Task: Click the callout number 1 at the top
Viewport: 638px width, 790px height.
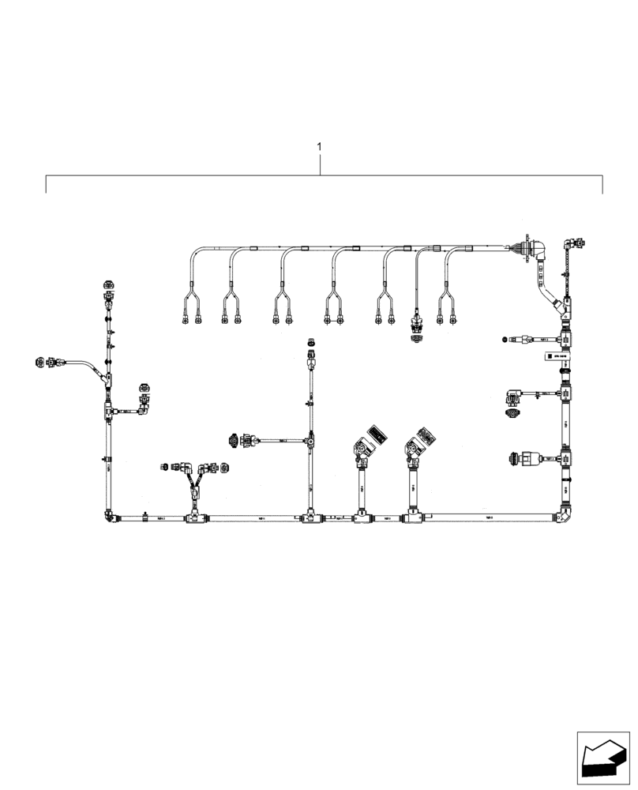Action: (319, 147)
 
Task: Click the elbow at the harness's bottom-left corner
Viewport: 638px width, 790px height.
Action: (107, 515)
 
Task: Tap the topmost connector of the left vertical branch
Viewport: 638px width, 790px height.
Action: (107, 285)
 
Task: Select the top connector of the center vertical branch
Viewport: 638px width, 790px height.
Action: (310, 344)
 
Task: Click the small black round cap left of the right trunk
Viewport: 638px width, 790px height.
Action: (503, 340)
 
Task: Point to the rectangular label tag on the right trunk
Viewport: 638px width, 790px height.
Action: (555, 357)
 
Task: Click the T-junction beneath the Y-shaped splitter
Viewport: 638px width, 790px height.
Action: (193, 518)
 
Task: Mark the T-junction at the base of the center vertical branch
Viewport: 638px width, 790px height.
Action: (310, 518)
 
